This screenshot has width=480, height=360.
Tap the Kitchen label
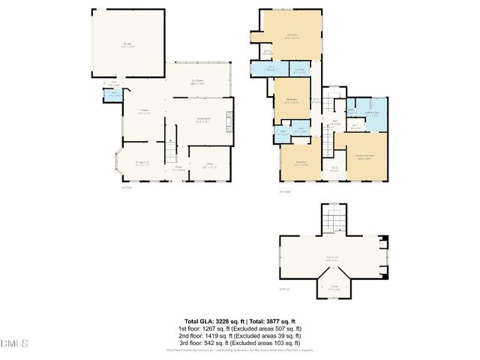pos(144,112)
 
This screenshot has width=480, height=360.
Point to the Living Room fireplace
pos(229,124)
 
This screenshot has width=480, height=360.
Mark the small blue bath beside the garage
pos(114,94)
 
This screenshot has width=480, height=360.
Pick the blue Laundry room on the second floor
pos(299,130)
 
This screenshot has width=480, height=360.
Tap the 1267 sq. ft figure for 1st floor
pos(216,328)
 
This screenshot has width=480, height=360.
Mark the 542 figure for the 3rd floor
pos(218,343)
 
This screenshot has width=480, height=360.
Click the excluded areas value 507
pos(287,328)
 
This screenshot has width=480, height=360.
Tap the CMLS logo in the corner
pos(14,343)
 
